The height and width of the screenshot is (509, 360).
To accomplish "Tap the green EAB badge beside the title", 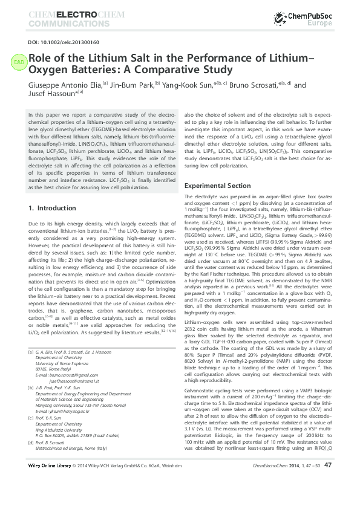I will (x=19, y=61).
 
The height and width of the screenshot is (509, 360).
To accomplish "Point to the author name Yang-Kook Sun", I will (x=185, y=85).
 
